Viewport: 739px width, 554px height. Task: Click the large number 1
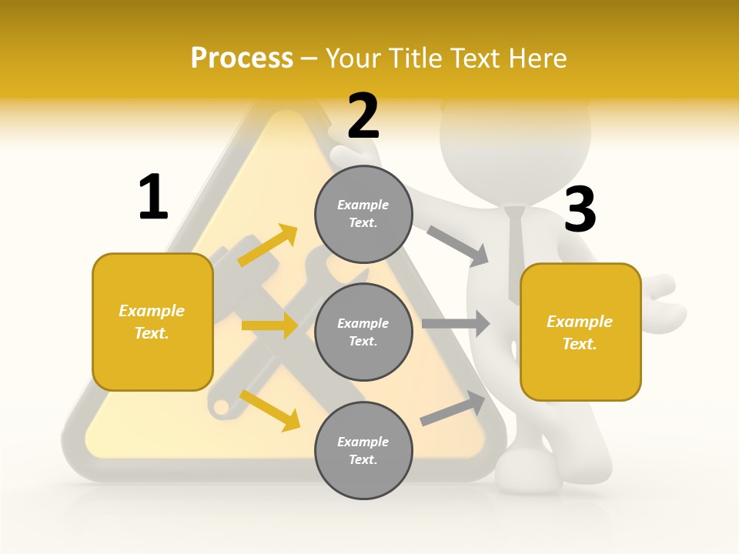click(153, 197)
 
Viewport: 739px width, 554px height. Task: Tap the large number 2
click(363, 116)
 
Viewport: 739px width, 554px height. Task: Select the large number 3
click(580, 209)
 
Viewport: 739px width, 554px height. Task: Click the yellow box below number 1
click(152, 322)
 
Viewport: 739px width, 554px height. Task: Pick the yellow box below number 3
click(580, 332)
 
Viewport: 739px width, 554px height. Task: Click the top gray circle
click(363, 214)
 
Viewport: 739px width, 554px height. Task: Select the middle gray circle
click(363, 332)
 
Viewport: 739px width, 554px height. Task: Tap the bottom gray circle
click(363, 451)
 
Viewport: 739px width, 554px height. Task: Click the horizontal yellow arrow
click(269, 325)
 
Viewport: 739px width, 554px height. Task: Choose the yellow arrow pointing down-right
click(270, 410)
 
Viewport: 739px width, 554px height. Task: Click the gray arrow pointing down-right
click(458, 245)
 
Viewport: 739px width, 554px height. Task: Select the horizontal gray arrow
click(456, 324)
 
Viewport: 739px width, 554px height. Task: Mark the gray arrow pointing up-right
click(453, 409)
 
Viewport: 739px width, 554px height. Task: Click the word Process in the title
click(242, 58)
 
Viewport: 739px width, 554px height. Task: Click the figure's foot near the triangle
click(527, 469)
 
